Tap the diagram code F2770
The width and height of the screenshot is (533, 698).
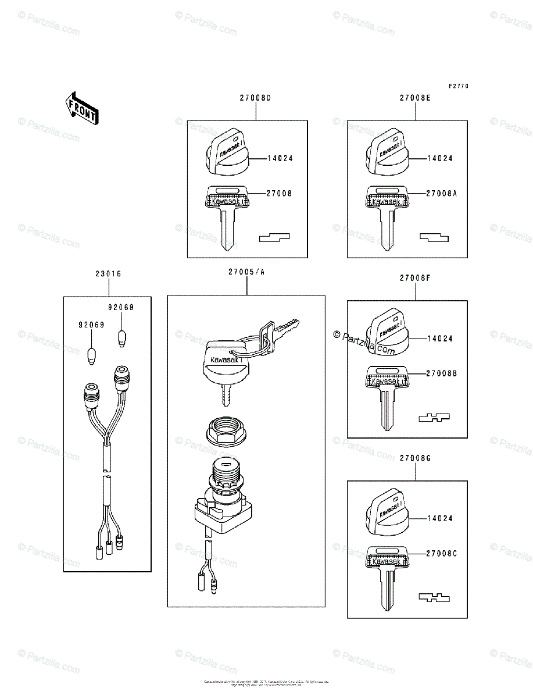(458, 86)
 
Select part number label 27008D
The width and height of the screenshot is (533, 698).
(255, 98)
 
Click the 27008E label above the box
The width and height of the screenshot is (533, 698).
(415, 98)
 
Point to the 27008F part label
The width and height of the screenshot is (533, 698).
(415, 278)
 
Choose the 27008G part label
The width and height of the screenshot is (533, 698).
(415, 458)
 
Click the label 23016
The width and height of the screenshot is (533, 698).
(108, 273)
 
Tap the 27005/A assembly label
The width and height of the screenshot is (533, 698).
(247, 272)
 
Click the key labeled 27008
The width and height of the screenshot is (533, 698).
(226, 215)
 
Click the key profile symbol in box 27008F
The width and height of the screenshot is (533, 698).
(434, 417)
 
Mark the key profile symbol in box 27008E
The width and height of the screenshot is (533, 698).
(434, 237)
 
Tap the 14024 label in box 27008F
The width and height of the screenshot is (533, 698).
(440, 339)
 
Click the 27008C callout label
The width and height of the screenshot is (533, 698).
(441, 554)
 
